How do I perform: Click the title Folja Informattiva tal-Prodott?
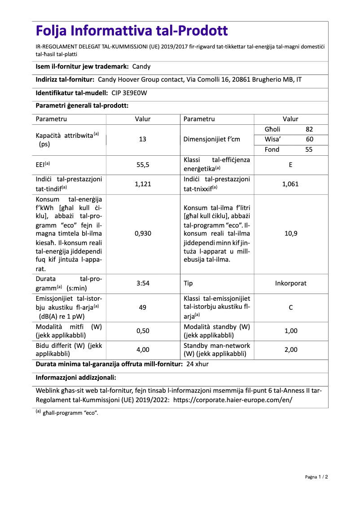132,31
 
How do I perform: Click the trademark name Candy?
141,66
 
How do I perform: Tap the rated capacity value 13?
143,139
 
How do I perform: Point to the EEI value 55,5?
143,165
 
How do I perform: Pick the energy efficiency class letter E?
290,165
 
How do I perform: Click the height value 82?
309,129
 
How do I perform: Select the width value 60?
309,139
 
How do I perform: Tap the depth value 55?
309,149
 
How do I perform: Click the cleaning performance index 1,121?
143,184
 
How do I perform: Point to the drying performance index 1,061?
290,184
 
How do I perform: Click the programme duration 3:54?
143,283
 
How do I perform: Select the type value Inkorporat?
290,283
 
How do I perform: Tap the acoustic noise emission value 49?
143,307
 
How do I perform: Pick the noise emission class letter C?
290,307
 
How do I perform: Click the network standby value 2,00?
290,350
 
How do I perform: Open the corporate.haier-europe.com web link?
233,399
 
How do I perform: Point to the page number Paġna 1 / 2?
316,477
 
